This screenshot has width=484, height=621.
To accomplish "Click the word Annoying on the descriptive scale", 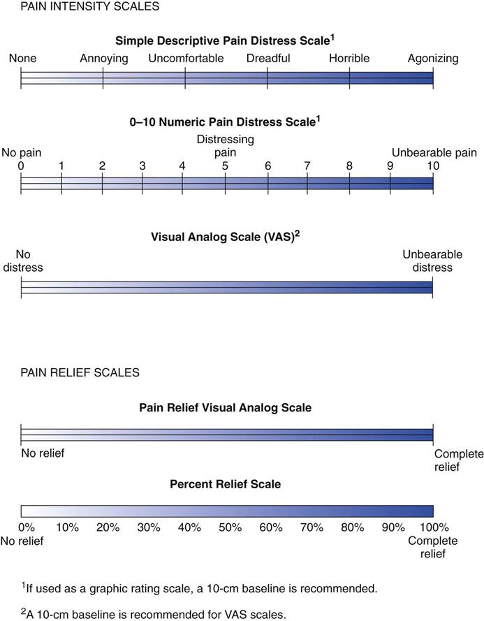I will (104, 59).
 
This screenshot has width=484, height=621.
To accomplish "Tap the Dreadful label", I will (268, 59).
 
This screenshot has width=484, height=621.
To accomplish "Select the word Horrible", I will (349, 59).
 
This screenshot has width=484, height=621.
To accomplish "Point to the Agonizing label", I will (433, 59).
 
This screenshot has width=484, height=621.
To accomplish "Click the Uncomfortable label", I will (186, 59).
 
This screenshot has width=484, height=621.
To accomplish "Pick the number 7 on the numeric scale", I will (307, 166).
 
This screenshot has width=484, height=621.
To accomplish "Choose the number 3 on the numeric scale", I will (142, 166).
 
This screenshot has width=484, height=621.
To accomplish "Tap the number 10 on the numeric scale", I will (433, 166).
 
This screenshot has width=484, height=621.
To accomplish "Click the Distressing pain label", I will (225, 145).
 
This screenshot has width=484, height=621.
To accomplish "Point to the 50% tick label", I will (227, 527).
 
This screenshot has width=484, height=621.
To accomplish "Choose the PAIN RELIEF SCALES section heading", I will (70, 372).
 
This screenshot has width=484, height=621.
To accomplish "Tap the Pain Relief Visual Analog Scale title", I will (225, 407).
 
